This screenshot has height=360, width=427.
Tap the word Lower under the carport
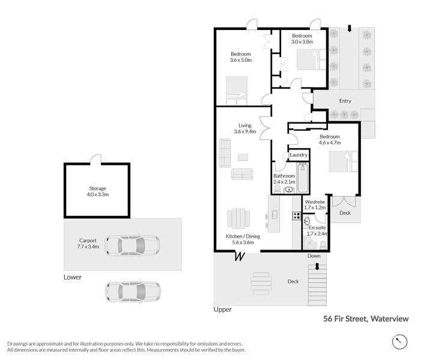(73, 277)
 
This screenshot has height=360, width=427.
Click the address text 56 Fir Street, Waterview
(366, 319)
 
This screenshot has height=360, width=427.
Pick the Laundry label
(298, 155)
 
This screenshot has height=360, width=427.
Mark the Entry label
(345, 101)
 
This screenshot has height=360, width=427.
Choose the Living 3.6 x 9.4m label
(244, 128)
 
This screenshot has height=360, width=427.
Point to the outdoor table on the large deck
(260, 281)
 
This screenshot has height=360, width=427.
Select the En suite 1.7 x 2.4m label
(316, 231)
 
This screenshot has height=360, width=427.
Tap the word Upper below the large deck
(222, 310)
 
